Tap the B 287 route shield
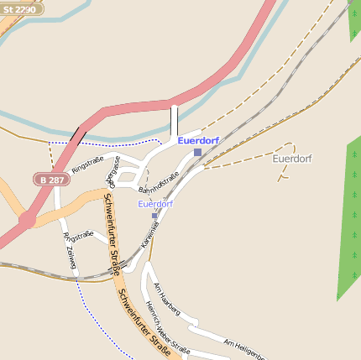52,180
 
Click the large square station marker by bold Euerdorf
197,152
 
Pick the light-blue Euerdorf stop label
155,204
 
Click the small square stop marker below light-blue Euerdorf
154,216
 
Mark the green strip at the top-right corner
353,21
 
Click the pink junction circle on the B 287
28,220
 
